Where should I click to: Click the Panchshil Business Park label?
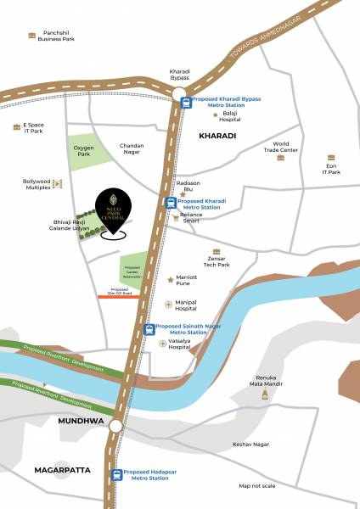point(56,35)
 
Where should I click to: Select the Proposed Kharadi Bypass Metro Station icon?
point(186,102)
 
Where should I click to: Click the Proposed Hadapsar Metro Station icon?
point(117,474)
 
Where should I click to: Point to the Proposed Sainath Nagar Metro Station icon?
point(149,329)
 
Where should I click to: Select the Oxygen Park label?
point(83,150)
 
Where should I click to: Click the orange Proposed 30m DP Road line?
point(118,297)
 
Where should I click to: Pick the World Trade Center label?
point(279,148)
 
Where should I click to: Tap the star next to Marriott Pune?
point(170,278)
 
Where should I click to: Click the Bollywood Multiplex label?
point(37,184)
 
